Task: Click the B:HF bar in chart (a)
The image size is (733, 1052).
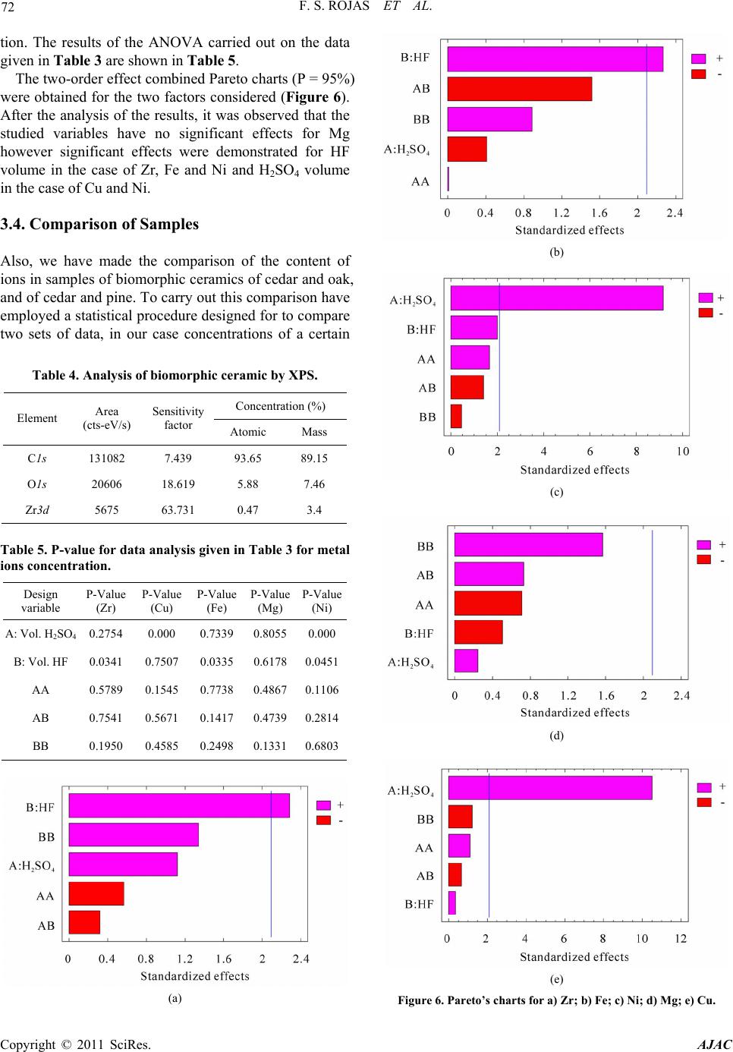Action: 179,805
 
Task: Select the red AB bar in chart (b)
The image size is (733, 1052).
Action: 519,89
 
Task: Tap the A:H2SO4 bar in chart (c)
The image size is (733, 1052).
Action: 557,298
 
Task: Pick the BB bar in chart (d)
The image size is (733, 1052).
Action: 528,544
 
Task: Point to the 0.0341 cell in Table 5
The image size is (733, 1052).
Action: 105,661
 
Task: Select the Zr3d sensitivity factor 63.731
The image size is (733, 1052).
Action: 178,509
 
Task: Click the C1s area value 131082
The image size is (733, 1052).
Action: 106,458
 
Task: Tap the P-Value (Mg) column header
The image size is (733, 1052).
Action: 270,600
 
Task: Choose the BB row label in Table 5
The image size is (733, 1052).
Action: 40,746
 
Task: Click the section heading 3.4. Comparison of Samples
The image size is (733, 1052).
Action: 99,224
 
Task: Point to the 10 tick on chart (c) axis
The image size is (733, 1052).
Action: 682,451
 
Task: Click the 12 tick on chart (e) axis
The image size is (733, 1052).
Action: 681,938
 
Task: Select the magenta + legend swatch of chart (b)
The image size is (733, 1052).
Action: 698,58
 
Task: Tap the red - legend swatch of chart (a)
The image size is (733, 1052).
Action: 323,820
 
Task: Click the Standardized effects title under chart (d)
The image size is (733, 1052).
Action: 574,713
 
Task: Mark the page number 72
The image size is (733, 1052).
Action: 8,7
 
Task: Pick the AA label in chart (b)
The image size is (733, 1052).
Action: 420,181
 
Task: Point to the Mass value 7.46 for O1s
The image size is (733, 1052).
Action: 314,483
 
